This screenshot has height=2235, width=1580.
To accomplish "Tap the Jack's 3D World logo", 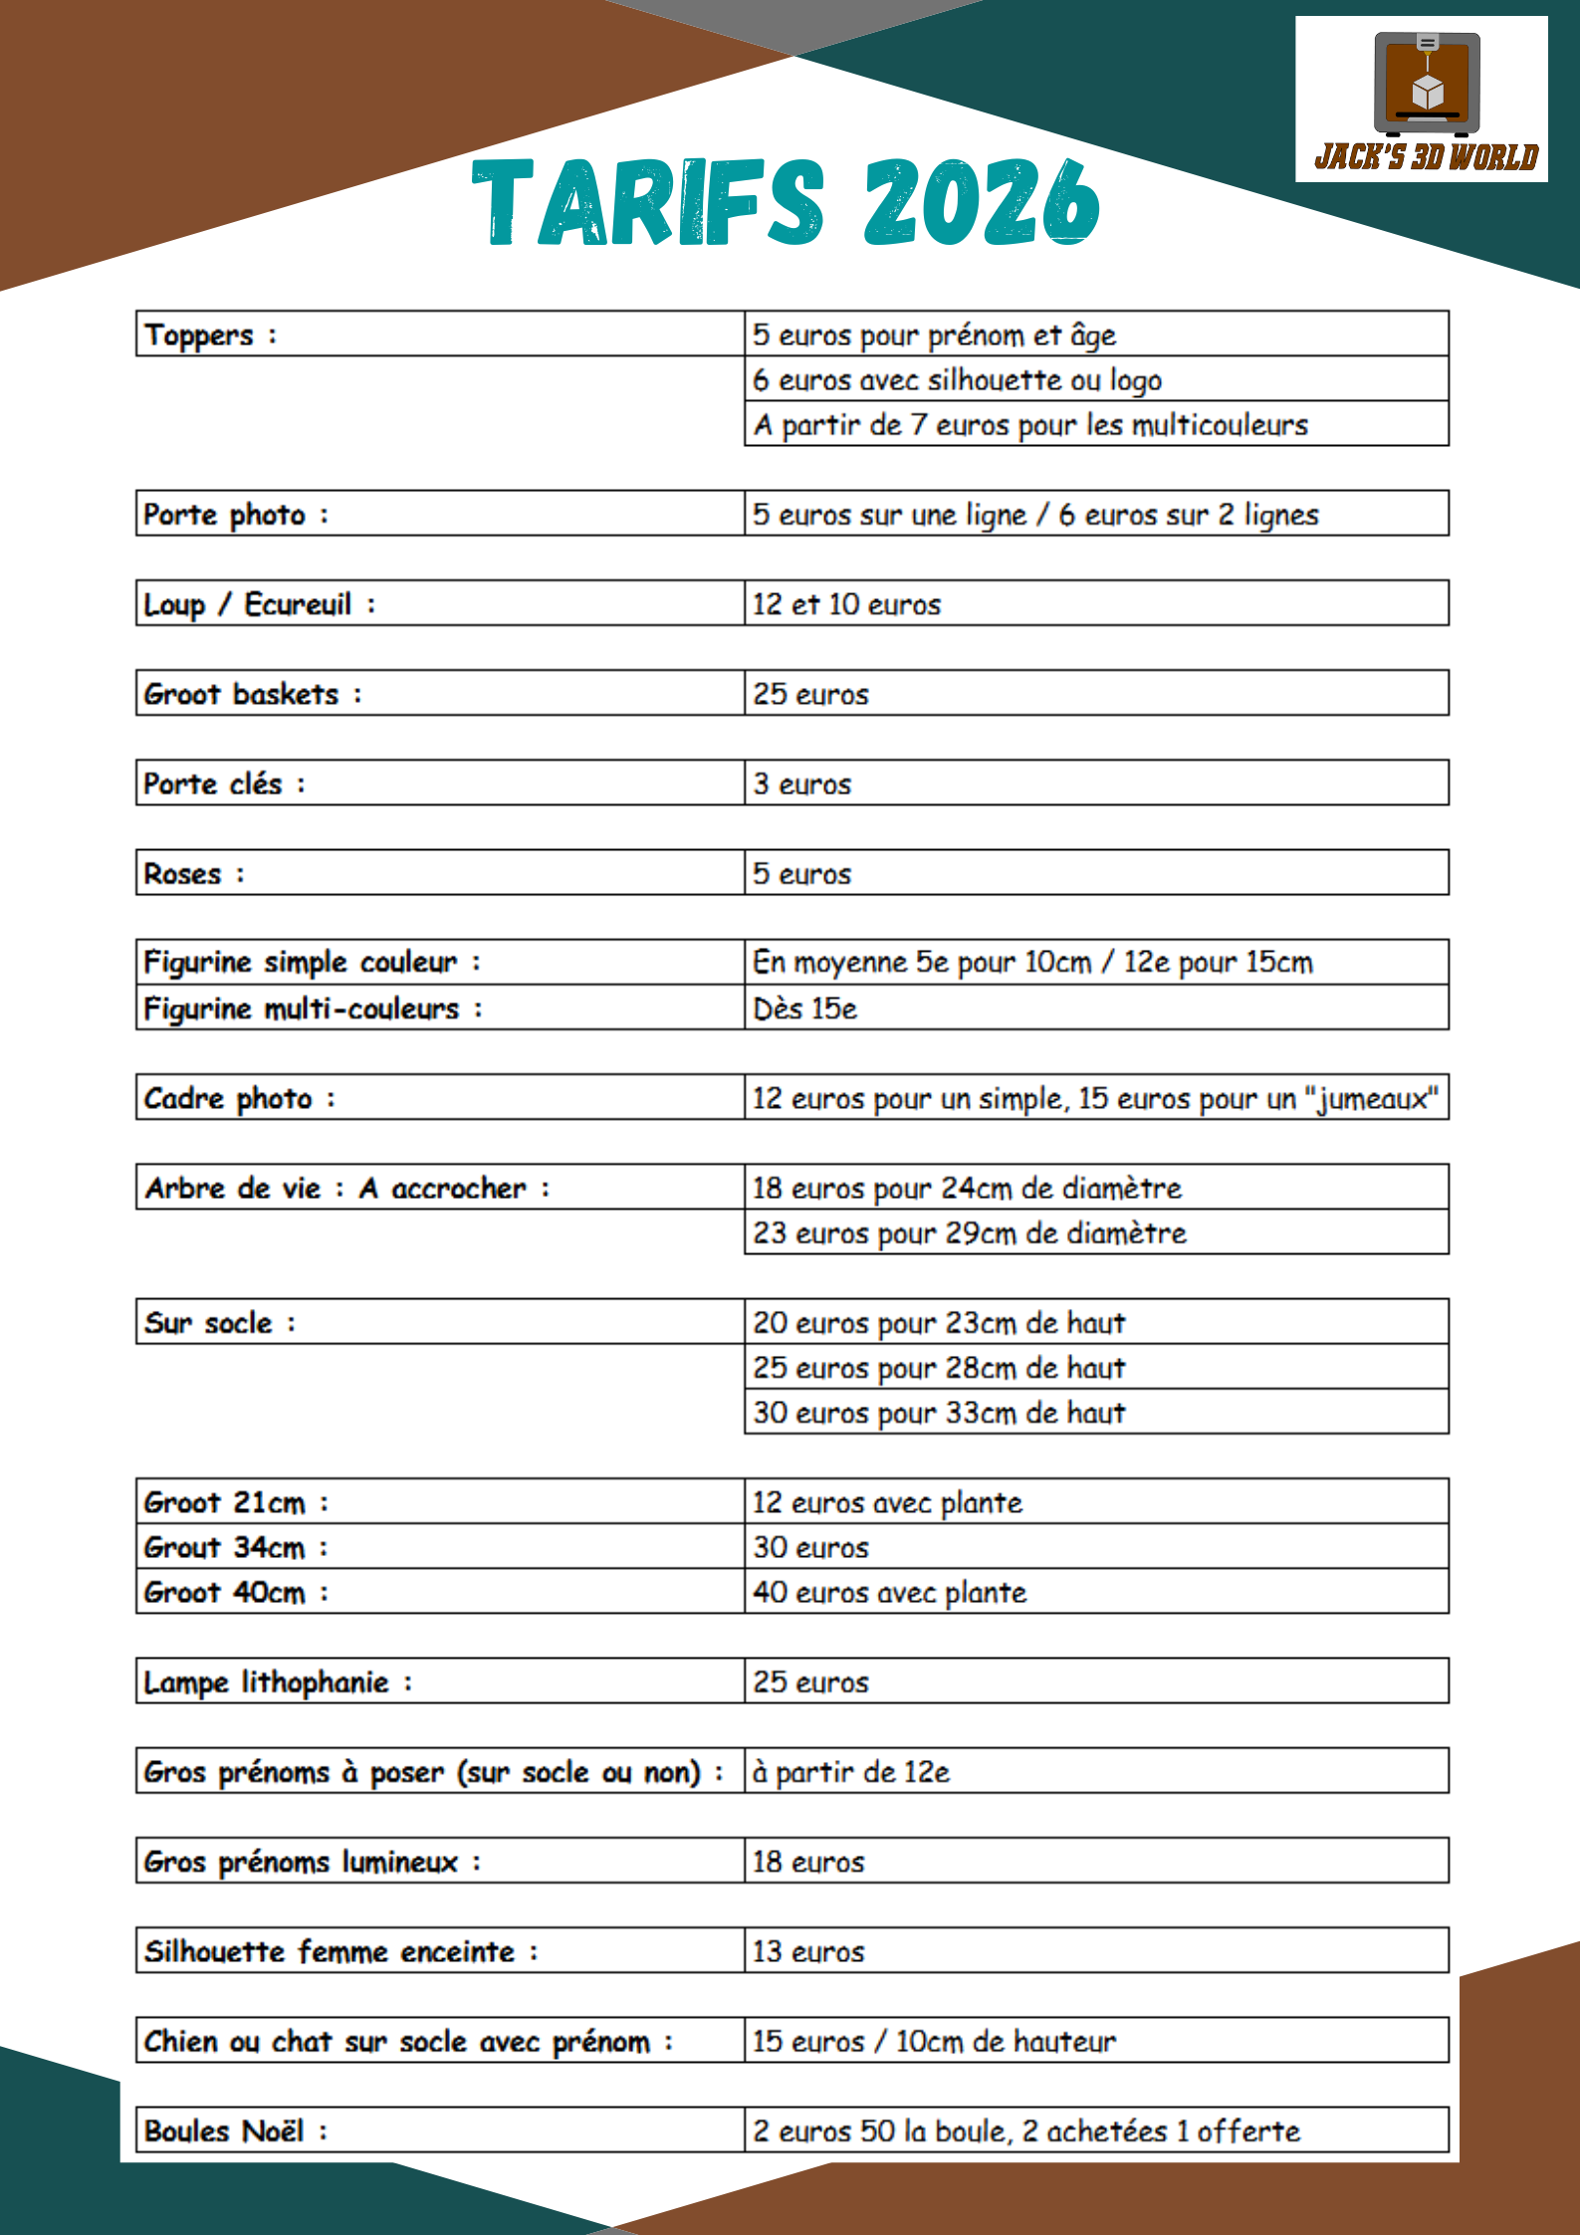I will pos(1421,100).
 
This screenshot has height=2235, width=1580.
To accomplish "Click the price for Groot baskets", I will pos(810,694).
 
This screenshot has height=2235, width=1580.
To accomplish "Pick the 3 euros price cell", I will pos(802,783).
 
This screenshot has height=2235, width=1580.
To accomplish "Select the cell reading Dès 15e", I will pos(804,1008).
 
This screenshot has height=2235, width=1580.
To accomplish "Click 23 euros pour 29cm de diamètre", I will pos(970,1232).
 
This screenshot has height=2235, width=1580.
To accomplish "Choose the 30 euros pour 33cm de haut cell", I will pos(939,1413).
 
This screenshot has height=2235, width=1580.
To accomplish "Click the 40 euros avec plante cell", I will pos(889,1592).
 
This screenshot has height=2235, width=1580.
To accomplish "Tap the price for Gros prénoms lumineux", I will pos(808,1862).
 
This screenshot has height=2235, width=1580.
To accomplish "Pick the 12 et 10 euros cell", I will pos(846,604).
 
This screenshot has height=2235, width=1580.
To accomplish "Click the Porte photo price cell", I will pos(1035,515).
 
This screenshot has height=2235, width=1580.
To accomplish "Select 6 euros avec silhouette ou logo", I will pos(957,379).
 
